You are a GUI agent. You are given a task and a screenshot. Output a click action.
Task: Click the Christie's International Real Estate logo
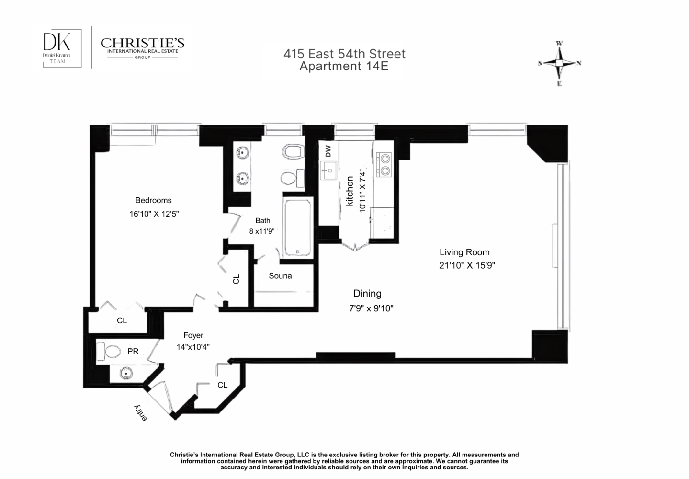[x=142, y=48]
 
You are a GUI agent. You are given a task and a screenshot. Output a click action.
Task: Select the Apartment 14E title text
[x=344, y=66]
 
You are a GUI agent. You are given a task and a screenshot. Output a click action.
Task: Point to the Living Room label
[x=464, y=252]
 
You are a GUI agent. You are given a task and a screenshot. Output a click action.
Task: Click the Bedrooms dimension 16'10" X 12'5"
[x=154, y=214]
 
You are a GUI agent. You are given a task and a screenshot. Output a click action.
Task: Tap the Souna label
[x=280, y=276]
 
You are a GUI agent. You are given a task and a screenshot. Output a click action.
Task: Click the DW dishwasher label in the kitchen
[x=328, y=152]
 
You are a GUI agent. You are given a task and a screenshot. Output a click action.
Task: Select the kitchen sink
[x=328, y=171]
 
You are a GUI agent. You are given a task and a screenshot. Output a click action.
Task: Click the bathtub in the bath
[x=298, y=228]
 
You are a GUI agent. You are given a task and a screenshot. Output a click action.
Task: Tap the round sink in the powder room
[x=126, y=373]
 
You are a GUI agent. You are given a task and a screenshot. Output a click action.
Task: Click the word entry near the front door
[x=140, y=413]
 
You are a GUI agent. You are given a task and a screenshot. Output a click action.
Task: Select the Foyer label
[x=193, y=336]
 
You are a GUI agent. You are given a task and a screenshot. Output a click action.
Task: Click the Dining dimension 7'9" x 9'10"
[x=371, y=308]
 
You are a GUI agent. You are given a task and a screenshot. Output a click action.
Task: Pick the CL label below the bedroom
[x=122, y=320]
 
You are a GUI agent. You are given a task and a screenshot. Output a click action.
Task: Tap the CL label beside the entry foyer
[x=222, y=385]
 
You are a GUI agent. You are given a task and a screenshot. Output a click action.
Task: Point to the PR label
[x=133, y=352]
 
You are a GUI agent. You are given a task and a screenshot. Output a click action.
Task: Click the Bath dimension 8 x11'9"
[x=261, y=231]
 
